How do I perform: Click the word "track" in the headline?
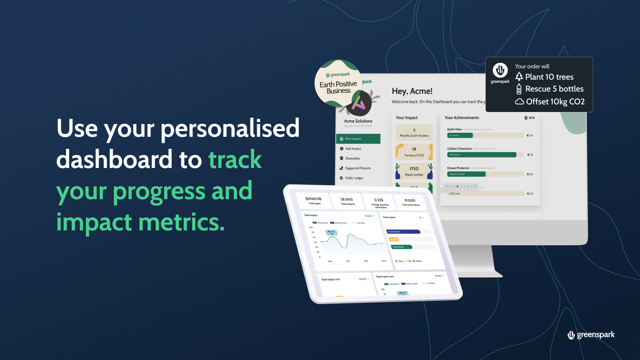tap(235, 160)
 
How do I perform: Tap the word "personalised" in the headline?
tap(230, 129)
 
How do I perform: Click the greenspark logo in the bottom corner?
tap(590, 334)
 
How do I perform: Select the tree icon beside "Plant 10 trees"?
tap(519, 76)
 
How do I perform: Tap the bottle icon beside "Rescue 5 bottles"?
tap(519, 89)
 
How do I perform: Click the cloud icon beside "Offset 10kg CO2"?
tap(519, 102)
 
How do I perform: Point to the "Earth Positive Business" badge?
tap(338, 84)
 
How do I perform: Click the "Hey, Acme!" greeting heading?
tap(412, 91)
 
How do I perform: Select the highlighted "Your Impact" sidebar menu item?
tap(358, 138)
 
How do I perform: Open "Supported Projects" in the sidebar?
tap(358, 168)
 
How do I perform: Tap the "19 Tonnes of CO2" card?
tap(414, 152)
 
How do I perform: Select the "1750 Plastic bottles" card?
tap(414, 171)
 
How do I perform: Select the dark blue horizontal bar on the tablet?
tap(402, 231)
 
